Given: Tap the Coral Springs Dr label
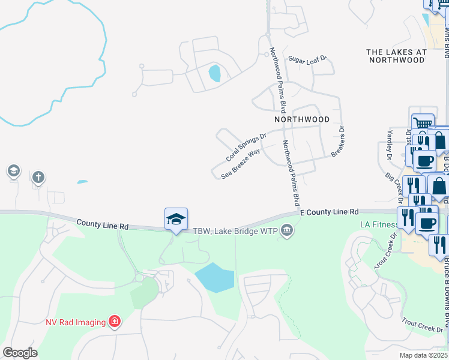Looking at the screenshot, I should tap(246, 148).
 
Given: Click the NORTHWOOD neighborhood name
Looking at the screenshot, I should tap(302, 119).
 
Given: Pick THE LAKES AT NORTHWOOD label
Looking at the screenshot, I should tap(397, 56).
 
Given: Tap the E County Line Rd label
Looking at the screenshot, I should tap(329, 212).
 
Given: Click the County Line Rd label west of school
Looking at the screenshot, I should tap(103, 225).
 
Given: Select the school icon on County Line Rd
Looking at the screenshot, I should tap(176, 219).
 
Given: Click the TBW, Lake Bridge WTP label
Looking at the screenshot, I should tap(236, 231).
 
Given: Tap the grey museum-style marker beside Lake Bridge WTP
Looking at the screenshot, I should tap(287, 230).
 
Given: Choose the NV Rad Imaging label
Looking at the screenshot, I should tap(76, 322).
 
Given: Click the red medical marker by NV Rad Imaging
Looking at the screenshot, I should tap(114, 322).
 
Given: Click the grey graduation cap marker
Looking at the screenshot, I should tap(13, 172).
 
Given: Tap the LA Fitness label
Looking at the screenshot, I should tap(379, 224).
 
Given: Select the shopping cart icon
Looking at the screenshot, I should tap(423, 123).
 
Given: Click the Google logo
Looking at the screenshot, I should tap(20, 352).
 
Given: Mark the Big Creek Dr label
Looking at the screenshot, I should tap(397, 185).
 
